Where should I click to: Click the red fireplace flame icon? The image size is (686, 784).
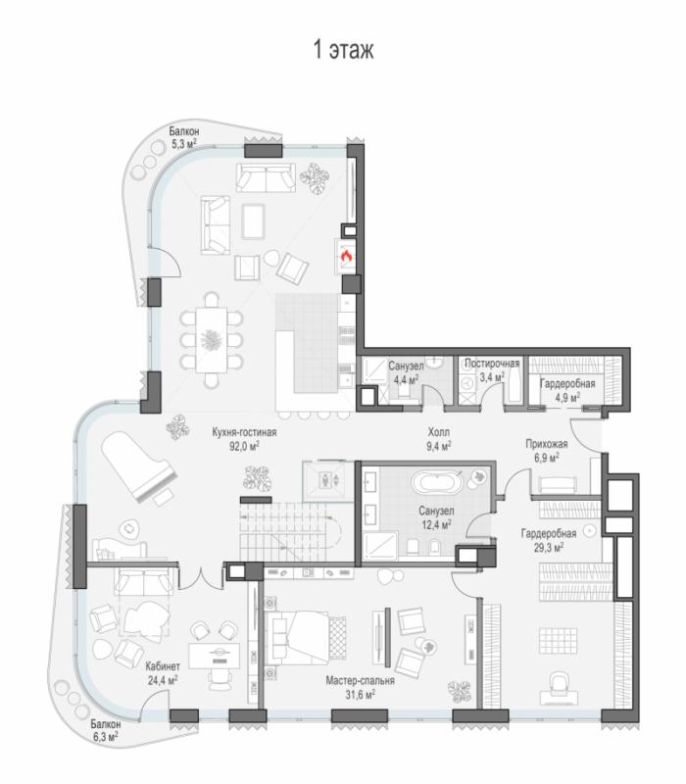pos(346,257)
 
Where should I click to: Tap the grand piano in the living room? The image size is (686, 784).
pos(139,466)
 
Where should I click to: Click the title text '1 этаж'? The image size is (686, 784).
pos(343,50)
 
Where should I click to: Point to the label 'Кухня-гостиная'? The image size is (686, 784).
pos(244,432)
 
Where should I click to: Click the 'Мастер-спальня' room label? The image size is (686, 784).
pos(360,680)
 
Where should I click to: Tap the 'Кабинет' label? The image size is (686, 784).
pos(163,666)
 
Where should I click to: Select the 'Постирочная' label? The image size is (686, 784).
pos(492,364)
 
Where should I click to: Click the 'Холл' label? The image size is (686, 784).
pos(438,432)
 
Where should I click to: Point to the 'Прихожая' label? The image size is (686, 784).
pos(547,444)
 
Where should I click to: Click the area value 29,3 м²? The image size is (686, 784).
pos(549,548)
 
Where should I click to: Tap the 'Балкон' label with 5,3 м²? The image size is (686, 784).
pos(183,131)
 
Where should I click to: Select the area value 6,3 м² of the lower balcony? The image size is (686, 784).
pos(105,737)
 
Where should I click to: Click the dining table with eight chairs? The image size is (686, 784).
pos(212,340)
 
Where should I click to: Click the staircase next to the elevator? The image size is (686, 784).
pos(290,532)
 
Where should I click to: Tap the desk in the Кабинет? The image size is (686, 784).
pos(214,656)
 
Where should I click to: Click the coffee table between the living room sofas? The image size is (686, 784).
pos(253,221)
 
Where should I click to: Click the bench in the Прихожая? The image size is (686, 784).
pos(558,485)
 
